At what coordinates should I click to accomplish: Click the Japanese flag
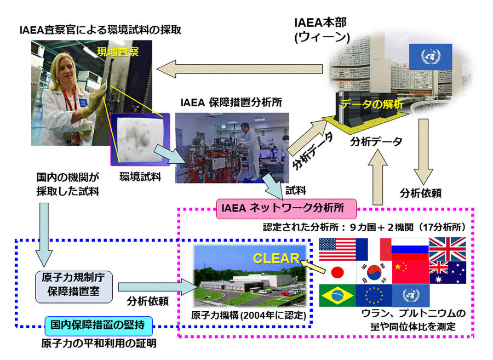tap(337, 272)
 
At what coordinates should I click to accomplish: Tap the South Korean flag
tap(374, 272)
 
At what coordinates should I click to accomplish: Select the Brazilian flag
tap(337, 295)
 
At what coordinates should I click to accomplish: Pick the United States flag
tap(337, 249)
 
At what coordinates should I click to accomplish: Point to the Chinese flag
tap(411, 272)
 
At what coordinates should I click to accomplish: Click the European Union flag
tap(374, 295)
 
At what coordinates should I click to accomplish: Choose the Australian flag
tap(448, 272)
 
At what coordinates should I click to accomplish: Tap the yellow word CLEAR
tap(277, 259)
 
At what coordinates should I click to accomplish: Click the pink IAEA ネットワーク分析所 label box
tap(286, 209)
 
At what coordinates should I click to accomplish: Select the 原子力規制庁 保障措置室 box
tap(74, 287)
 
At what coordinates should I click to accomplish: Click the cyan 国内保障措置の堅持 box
tap(99, 325)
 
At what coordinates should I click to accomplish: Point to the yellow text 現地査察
tap(118, 52)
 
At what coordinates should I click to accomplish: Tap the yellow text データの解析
tap(372, 104)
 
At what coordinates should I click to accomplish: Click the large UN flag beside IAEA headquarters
tap(431, 57)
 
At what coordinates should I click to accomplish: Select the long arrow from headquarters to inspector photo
tap(239, 69)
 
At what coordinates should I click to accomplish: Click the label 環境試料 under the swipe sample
tap(140, 177)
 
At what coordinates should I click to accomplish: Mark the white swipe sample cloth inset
tap(140, 139)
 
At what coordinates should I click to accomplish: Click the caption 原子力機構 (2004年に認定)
tap(248, 316)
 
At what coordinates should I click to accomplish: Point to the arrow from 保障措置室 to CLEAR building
tap(157, 287)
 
